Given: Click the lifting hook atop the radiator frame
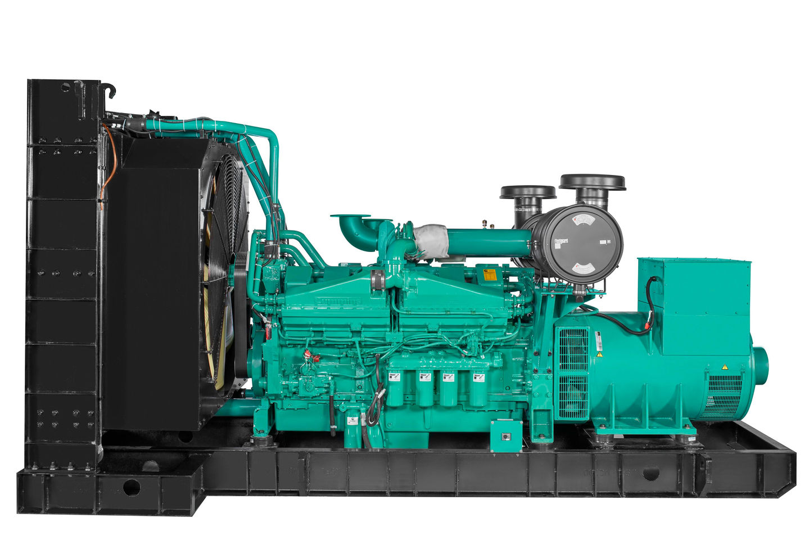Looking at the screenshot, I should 110,90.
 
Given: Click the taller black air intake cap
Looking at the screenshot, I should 592,182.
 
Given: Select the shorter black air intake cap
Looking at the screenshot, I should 527,192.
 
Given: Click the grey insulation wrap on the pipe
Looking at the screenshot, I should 431,241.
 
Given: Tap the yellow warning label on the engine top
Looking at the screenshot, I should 490,274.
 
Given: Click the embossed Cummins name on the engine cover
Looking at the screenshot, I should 337,301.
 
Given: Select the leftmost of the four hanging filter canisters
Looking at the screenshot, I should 395,388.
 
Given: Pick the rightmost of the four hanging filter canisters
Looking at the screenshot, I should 478,388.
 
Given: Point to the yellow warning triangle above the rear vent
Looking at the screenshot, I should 724,366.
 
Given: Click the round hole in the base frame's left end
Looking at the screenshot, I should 131,487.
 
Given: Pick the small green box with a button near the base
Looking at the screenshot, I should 503,435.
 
